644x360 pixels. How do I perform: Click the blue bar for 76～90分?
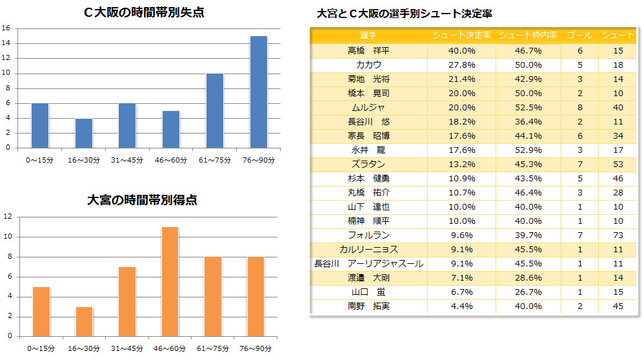click(x=258, y=91)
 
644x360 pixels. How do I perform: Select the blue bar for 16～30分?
click(x=84, y=132)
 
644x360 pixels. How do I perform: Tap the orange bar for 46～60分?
click(x=170, y=281)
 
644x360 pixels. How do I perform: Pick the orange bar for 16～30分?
click(x=84, y=321)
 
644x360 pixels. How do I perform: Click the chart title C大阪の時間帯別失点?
click(x=144, y=12)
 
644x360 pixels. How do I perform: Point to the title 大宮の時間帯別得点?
click(x=142, y=200)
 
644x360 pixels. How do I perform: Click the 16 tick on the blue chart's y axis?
click(x=6, y=28)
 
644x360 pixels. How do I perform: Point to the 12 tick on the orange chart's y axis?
click(x=7, y=217)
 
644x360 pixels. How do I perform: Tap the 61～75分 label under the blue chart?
click(x=214, y=159)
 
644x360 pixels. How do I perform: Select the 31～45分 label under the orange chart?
click(x=127, y=348)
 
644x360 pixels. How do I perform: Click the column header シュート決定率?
click(x=461, y=35)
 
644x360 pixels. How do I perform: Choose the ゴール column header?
click(x=579, y=35)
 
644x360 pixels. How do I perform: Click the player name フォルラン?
click(x=368, y=235)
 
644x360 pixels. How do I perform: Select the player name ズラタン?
click(x=368, y=164)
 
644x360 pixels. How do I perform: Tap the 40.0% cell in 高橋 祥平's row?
click(x=462, y=50)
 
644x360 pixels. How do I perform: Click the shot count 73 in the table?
click(x=618, y=235)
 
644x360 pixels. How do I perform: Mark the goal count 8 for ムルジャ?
click(x=580, y=107)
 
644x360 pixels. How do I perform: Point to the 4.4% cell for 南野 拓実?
click(x=462, y=306)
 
